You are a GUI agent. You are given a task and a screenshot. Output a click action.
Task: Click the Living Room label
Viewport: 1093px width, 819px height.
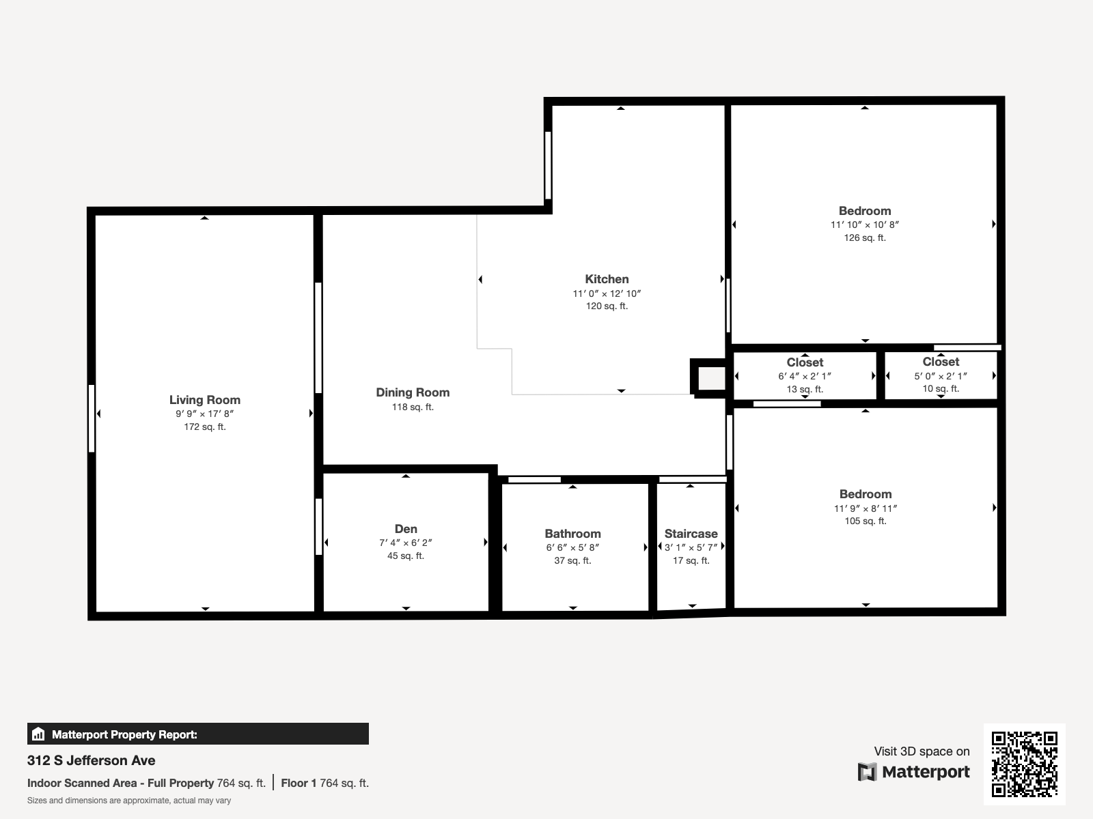pyautogui.click(x=205, y=400)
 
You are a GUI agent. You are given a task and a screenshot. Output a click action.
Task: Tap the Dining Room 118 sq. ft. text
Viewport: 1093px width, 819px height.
pyautogui.click(x=413, y=407)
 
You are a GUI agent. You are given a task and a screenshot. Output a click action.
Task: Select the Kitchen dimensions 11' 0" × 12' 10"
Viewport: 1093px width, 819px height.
pyautogui.click(x=607, y=293)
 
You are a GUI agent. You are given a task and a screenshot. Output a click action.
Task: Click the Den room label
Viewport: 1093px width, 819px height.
pyautogui.click(x=406, y=529)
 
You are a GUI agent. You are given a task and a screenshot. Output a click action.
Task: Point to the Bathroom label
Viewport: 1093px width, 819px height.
pyautogui.click(x=572, y=534)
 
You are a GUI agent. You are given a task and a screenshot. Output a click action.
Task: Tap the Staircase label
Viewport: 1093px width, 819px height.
pyautogui.click(x=691, y=534)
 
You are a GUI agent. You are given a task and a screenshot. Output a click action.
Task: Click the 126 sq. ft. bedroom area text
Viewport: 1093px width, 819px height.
pyautogui.click(x=865, y=238)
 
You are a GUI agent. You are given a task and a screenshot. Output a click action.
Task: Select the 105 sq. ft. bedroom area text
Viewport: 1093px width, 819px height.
pyautogui.click(x=866, y=521)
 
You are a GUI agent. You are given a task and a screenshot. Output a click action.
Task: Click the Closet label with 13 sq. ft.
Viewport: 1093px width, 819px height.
pyautogui.click(x=805, y=362)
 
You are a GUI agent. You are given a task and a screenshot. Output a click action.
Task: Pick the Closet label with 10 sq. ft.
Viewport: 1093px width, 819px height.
pyautogui.click(x=941, y=362)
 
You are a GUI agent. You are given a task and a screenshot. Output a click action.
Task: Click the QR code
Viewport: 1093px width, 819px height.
pyautogui.click(x=1024, y=764)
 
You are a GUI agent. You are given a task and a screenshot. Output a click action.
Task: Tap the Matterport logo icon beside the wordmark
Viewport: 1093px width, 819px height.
pyautogui.click(x=867, y=772)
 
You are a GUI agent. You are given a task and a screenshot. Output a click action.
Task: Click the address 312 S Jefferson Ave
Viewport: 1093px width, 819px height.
pyautogui.click(x=92, y=760)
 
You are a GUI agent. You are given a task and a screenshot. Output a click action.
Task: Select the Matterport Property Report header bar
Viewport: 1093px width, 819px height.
pyautogui.click(x=198, y=734)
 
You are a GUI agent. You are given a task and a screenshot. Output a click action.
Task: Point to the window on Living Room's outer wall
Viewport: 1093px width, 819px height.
pyautogui.click(x=92, y=418)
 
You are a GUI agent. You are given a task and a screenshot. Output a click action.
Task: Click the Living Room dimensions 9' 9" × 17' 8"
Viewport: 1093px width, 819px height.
pyautogui.click(x=205, y=414)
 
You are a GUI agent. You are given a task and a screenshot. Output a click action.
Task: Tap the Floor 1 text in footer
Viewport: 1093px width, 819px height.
pyautogui.click(x=299, y=783)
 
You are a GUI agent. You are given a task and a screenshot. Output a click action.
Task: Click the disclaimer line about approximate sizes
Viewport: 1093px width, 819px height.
pyautogui.click(x=129, y=801)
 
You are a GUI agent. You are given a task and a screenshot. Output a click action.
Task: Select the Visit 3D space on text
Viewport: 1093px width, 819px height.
pyautogui.click(x=922, y=751)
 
